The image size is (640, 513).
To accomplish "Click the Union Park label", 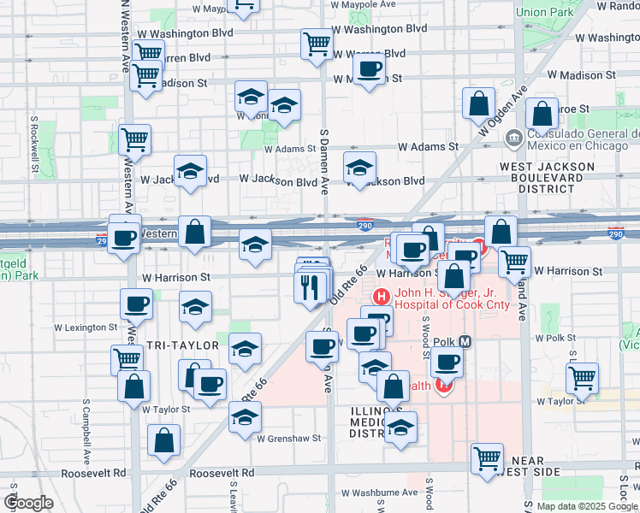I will tap(544, 12).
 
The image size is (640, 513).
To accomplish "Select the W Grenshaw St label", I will tap(288, 438).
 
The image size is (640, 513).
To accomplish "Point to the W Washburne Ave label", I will tap(379, 492).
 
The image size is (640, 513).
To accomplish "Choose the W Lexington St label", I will tap(86, 327).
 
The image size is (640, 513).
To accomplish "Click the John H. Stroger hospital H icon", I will tap(381, 297).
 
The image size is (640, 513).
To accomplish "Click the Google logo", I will tap(28, 503).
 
